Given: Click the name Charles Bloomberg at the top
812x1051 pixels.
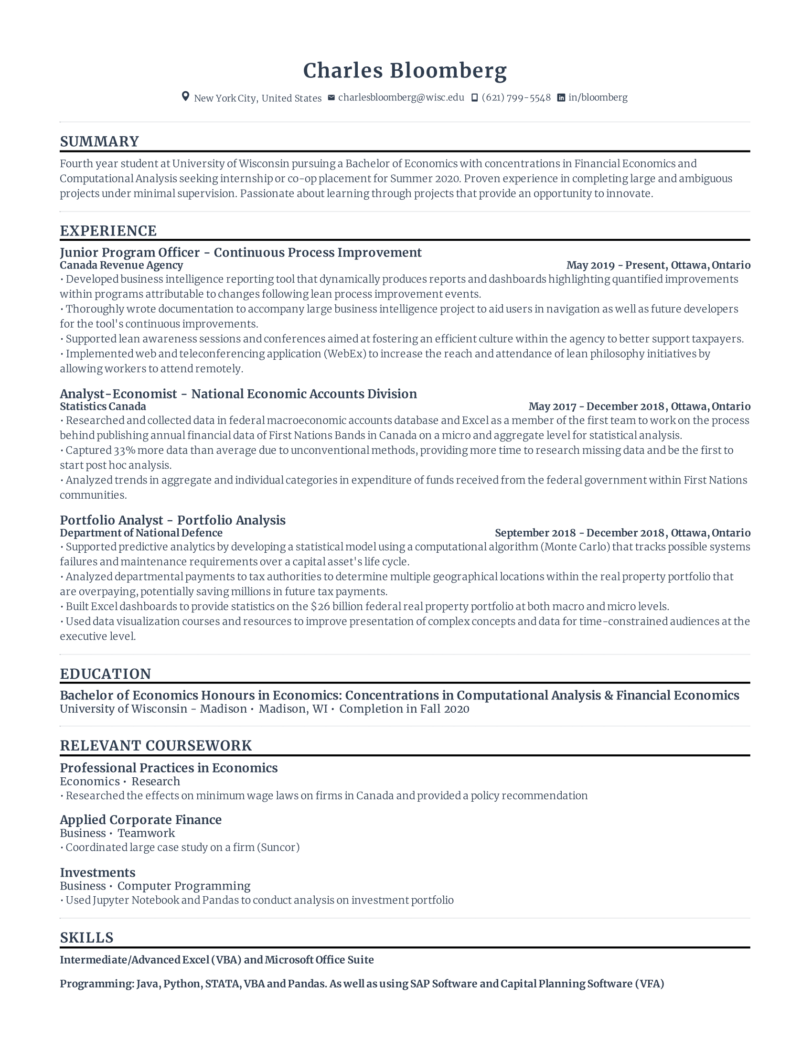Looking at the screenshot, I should (x=405, y=71).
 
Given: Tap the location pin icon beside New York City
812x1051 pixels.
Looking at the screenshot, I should (x=185, y=97).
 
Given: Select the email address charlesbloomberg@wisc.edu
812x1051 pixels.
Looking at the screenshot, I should (x=401, y=97).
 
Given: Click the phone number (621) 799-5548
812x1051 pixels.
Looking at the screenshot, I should (x=516, y=97).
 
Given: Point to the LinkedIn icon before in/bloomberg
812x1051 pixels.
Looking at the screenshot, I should (x=561, y=97).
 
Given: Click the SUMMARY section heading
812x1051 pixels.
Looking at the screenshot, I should (x=99, y=141).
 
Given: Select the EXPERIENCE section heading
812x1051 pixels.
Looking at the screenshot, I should (x=108, y=231).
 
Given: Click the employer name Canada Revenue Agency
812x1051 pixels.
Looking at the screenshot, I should (x=121, y=265).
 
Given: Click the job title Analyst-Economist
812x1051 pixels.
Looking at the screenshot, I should (x=118, y=394).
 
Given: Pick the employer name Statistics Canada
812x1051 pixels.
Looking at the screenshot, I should (x=103, y=407).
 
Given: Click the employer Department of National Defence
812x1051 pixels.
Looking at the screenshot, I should (x=141, y=533).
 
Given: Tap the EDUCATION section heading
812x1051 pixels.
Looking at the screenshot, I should (x=106, y=674).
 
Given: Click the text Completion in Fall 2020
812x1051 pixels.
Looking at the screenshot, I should (x=404, y=709).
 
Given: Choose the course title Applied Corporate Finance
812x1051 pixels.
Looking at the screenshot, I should (x=140, y=819).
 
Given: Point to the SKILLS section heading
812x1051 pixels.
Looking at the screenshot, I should (x=86, y=937).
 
